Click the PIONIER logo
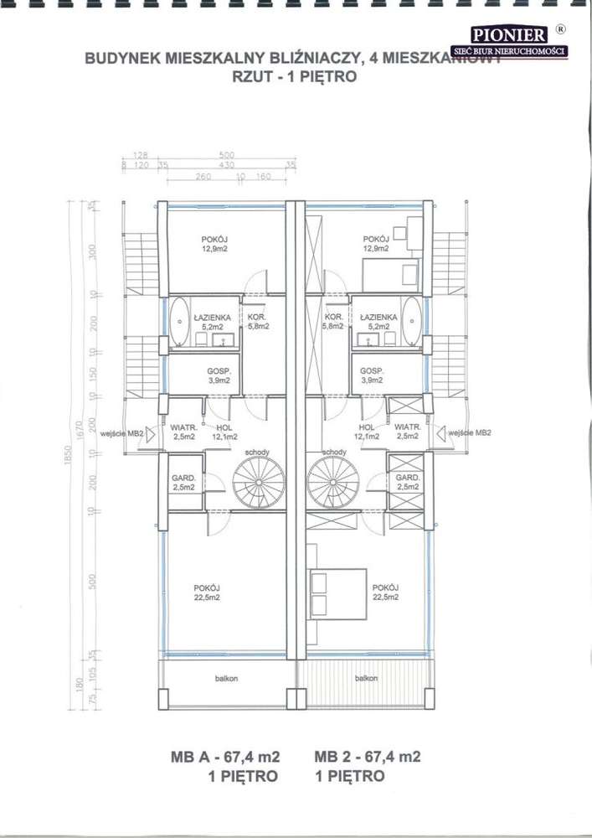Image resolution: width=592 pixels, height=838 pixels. tap(509, 34)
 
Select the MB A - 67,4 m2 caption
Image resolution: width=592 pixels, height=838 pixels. tap(225, 757)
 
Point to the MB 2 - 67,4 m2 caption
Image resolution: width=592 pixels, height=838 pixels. tap(368, 757)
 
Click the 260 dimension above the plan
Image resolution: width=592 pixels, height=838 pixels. tap(203, 177)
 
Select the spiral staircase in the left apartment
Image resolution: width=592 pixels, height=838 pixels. tap(253, 484)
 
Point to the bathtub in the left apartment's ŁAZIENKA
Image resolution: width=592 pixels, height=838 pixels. tap(179, 322)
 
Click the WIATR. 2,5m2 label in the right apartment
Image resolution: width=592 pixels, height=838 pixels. tap(407, 432)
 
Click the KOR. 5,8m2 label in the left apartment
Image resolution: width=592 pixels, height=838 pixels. tap(256, 322)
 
